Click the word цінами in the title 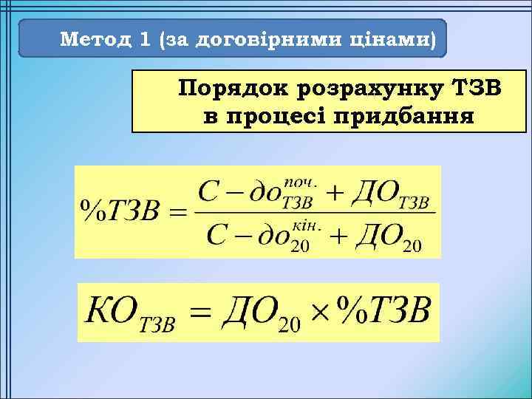pos(390,39)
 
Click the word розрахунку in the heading pos(368,89)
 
